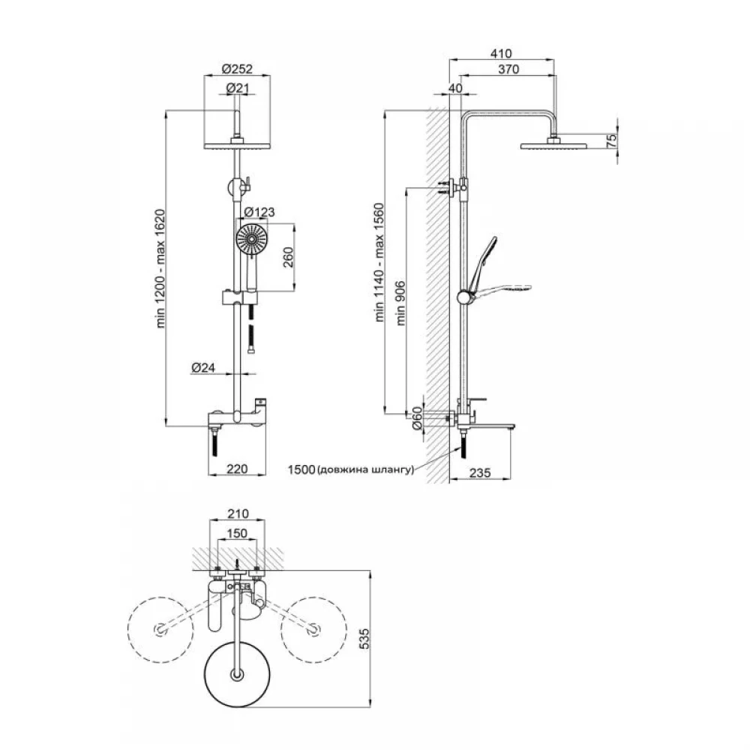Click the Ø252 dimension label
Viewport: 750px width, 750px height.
(237, 69)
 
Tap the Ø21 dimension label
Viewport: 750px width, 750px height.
(238, 88)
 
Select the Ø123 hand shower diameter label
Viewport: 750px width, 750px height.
(259, 212)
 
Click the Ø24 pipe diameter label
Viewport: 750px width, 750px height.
(203, 367)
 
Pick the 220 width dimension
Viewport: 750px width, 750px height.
(237, 469)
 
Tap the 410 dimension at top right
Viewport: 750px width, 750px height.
(501, 53)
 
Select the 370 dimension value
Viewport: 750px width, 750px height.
(508, 69)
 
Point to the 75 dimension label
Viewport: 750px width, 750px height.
(610, 141)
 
